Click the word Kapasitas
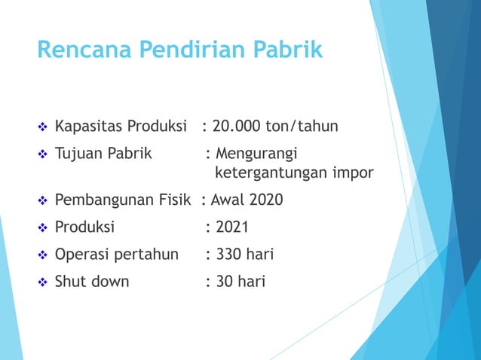tap(89, 125)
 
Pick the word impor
tap(352, 174)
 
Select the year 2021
tap(232, 228)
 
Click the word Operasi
tap(82, 255)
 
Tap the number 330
tap(229, 255)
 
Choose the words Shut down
tap(92, 282)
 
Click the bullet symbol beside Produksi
tap(42, 228)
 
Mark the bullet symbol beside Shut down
tap(42, 282)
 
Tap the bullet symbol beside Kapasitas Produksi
tap(42, 125)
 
